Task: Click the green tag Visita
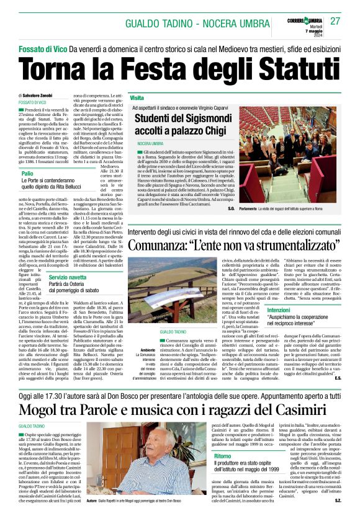[x=137, y=98]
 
